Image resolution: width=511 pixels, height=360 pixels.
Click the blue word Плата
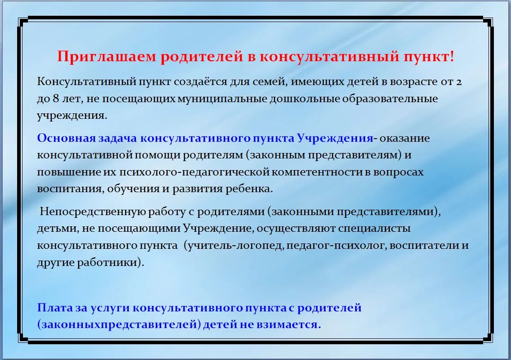pos(54,308)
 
